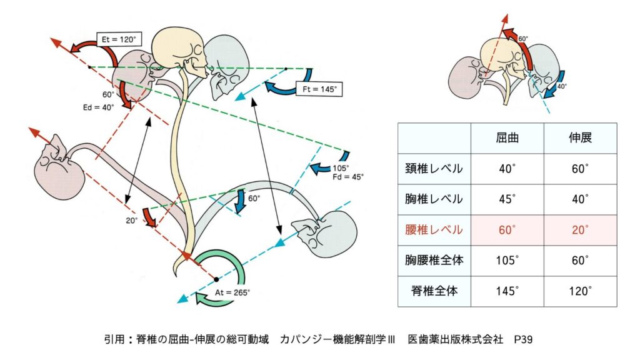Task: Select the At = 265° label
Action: coord(231,292)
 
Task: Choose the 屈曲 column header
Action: coord(507,138)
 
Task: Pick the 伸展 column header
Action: coord(580,138)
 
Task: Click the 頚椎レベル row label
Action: coord(434,169)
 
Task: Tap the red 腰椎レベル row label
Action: coord(434,230)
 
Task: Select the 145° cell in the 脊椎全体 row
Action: coord(507,291)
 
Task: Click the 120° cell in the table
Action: coord(580,291)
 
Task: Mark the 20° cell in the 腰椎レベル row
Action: coord(580,230)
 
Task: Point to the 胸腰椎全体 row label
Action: coord(434,261)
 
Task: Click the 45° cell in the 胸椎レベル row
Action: coord(507,199)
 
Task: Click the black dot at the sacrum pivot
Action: coord(216,278)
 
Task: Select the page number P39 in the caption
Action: coord(522,340)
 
